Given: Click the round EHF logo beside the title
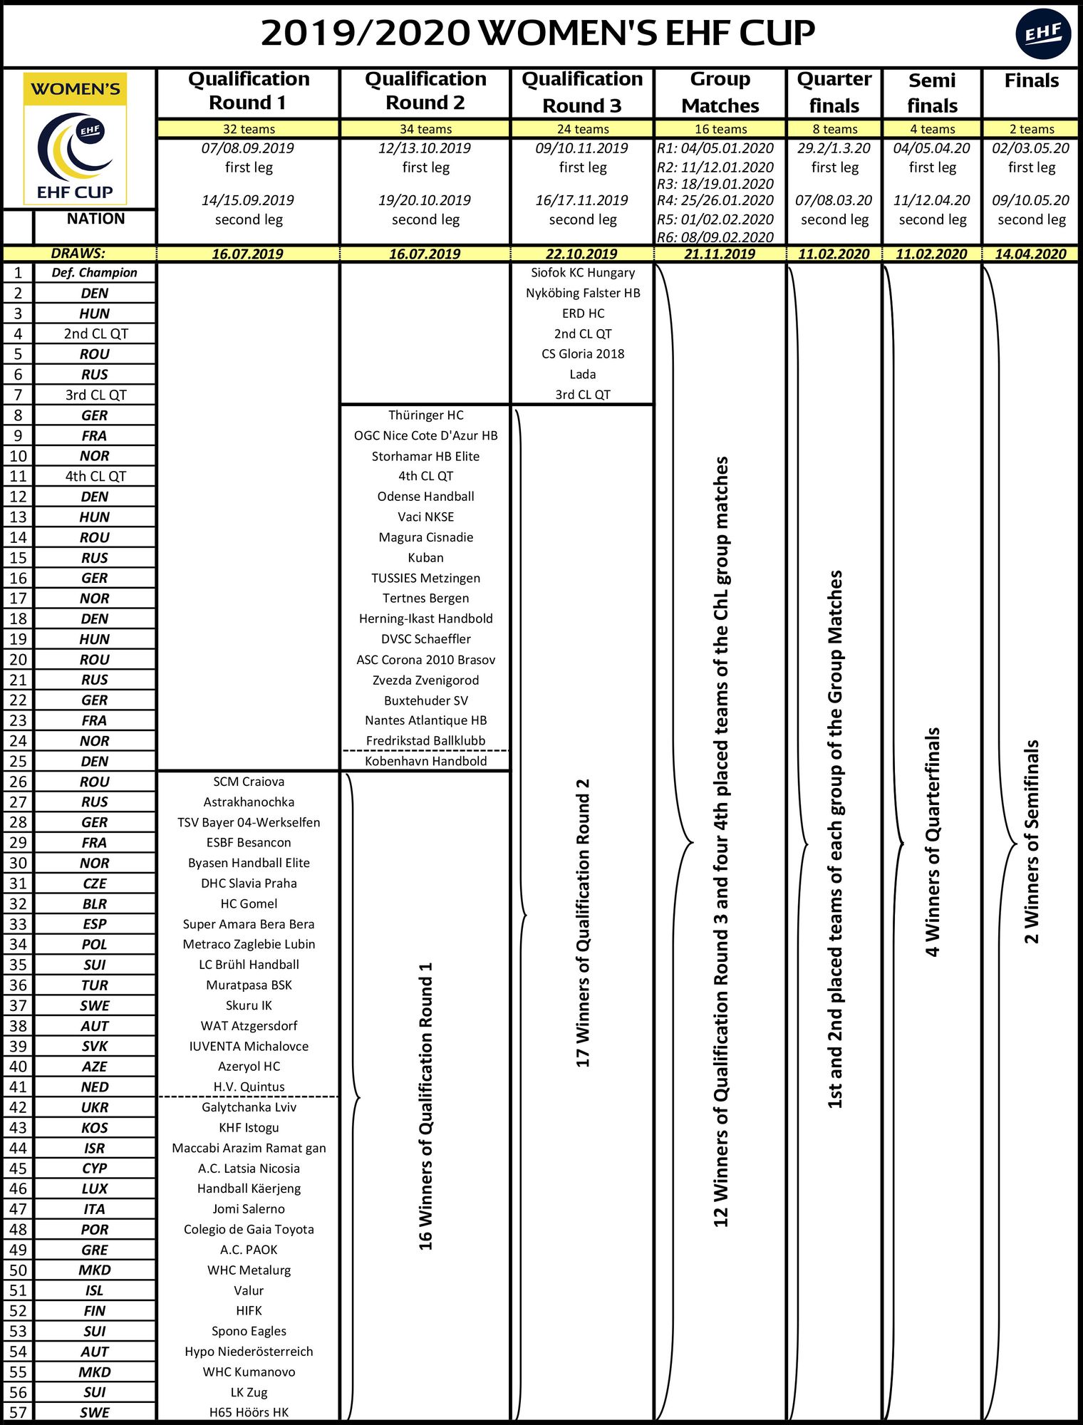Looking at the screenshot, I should pyautogui.click(x=1043, y=33).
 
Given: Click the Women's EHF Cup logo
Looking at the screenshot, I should pyautogui.click(x=76, y=140).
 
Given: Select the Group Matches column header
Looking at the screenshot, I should pyautogui.click(x=720, y=93).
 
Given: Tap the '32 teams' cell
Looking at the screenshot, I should pyautogui.click(x=249, y=129).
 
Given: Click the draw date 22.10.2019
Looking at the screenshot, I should pyautogui.click(x=582, y=254).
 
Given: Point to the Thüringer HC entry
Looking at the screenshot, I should pyautogui.click(x=426, y=415).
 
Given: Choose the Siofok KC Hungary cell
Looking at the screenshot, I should pyautogui.click(x=583, y=273).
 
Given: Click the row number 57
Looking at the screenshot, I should pyautogui.click(x=18, y=1412).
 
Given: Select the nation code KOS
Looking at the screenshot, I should pyautogui.click(x=94, y=1128).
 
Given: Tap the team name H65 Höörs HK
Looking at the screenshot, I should pyautogui.click(x=249, y=1412).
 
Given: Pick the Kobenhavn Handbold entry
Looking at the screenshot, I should pyautogui.click(x=426, y=761).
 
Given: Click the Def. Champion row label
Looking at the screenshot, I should pyautogui.click(x=94, y=273).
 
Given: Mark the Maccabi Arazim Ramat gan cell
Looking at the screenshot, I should pyautogui.click(x=249, y=1148).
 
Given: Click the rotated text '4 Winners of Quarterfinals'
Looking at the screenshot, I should pyautogui.click(x=933, y=841).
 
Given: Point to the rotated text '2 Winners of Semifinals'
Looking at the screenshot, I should pyautogui.click(x=1032, y=841).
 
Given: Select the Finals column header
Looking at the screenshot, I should pyautogui.click(x=1031, y=81).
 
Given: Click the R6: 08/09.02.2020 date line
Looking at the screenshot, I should pyautogui.click(x=715, y=237).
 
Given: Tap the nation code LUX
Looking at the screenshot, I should pyautogui.click(x=94, y=1188).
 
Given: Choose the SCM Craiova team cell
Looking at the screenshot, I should pyautogui.click(x=249, y=782).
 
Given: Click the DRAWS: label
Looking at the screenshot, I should pyautogui.click(x=78, y=254).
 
